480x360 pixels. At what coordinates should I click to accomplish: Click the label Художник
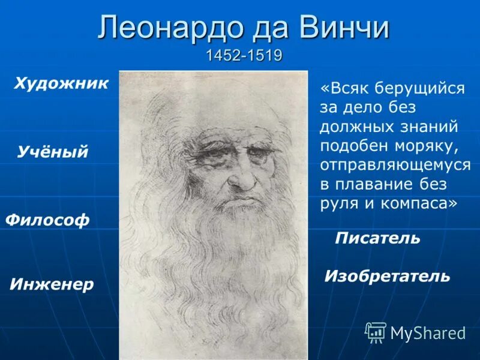coord(61,83)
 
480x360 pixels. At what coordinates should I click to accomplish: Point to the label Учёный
coord(53,152)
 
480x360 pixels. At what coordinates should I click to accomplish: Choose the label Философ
coord(47,220)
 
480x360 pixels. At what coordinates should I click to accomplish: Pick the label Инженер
coord(52,284)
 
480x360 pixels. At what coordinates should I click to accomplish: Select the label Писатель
coord(377,238)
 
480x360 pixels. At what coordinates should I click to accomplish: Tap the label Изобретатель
coord(387,276)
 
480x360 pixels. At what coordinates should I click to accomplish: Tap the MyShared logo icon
coord(376,332)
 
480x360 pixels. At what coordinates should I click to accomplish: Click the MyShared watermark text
coord(428,333)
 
